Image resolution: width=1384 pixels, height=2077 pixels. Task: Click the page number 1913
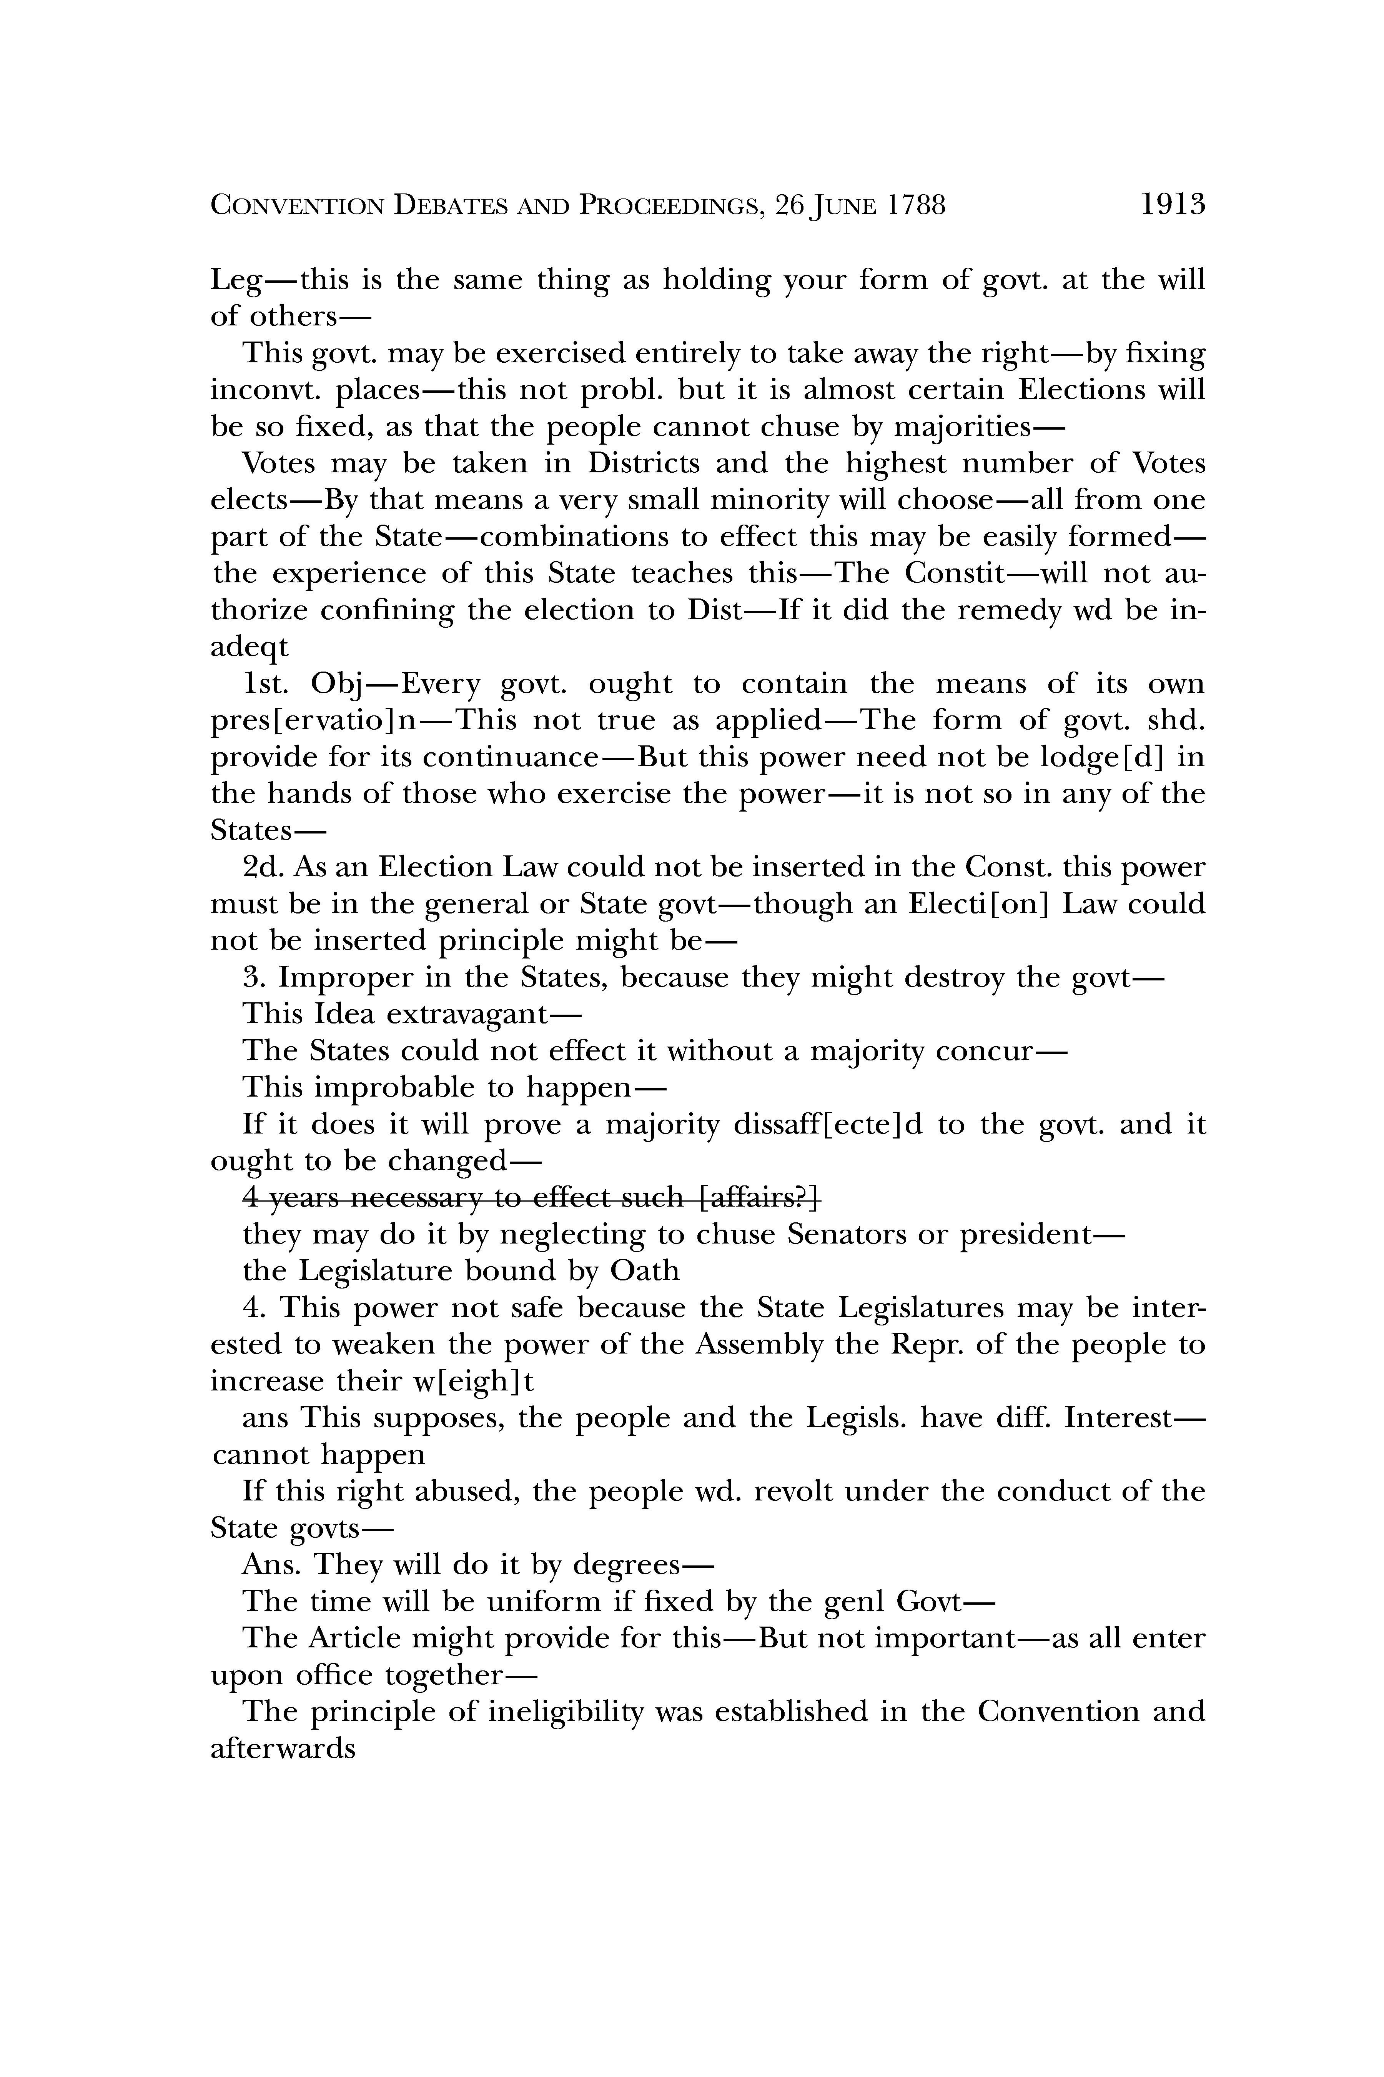(1172, 206)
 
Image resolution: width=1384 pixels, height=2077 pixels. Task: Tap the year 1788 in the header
(916, 206)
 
